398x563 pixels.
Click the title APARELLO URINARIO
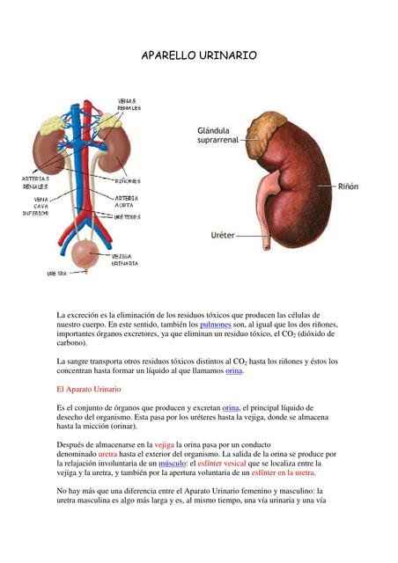point(199,55)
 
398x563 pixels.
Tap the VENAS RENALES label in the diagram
point(129,105)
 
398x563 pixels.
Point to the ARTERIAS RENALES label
point(36,182)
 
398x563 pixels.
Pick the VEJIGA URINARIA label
point(124,260)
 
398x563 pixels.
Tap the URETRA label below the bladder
point(56,274)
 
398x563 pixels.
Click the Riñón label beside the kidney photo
point(349,186)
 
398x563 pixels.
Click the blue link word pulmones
point(216,325)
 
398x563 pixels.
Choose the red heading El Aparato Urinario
point(88,388)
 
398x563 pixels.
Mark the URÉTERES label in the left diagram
point(128,216)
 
